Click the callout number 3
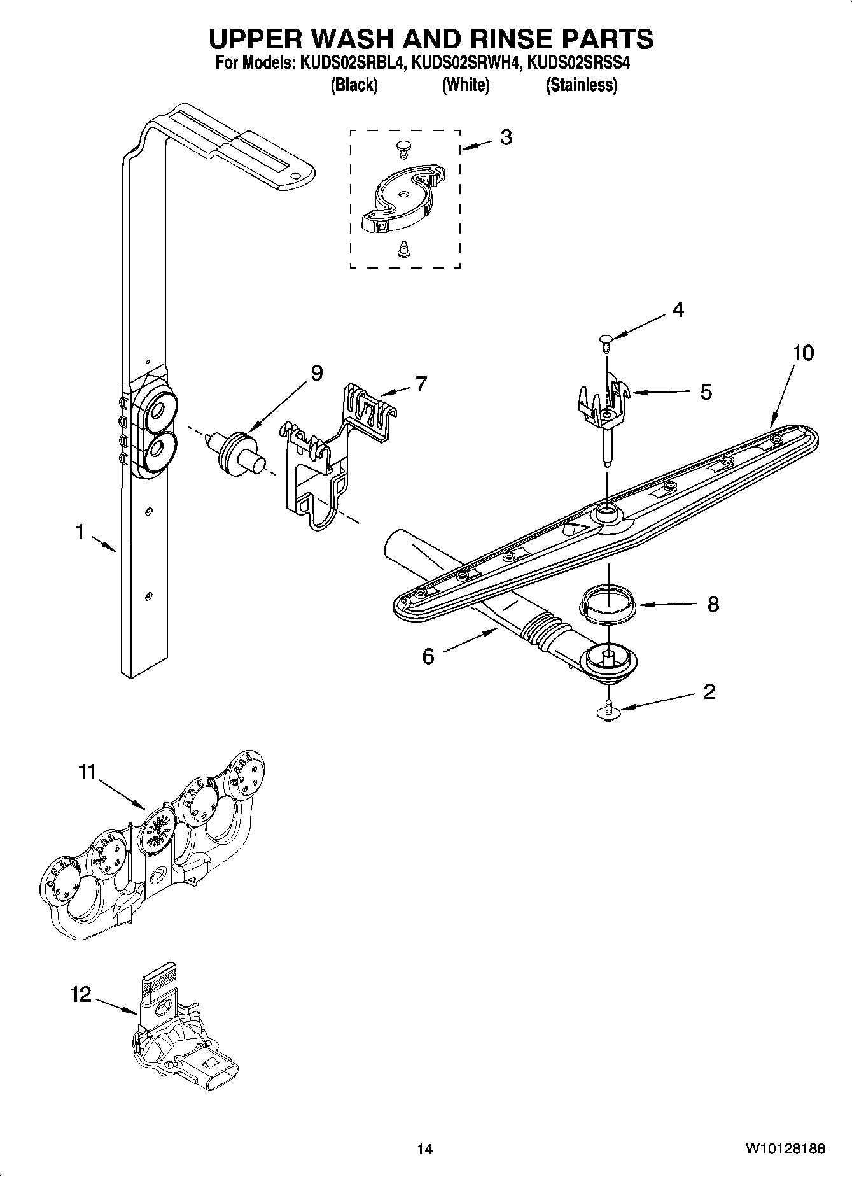pos(506,137)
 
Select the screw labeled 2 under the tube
pos(609,710)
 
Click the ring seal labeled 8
pos(608,603)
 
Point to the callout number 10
pos(804,353)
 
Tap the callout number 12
pos(81,994)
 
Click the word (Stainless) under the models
pos(581,85)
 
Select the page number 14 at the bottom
pos(424,1149)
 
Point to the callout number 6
pos(428,656)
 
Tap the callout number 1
pos(80,532)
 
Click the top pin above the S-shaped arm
pos(402,148)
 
